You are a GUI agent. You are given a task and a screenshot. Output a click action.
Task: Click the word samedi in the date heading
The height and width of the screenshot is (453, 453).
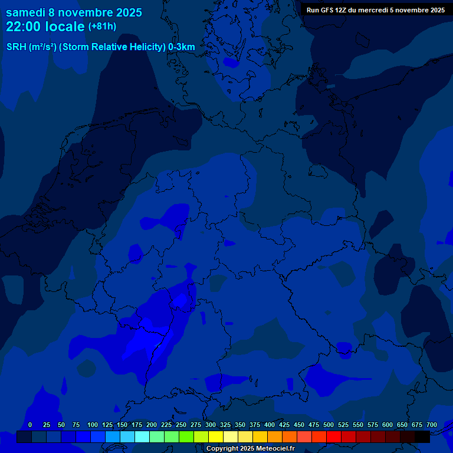(x=25, y=12)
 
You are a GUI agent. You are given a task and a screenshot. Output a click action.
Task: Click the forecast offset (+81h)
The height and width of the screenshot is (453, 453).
(x=102, y=27)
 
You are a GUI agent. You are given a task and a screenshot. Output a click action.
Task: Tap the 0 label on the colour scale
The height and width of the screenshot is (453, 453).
(x=30, y=425)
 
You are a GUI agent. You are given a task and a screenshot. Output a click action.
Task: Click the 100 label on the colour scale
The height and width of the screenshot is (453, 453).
(x=93, y=425)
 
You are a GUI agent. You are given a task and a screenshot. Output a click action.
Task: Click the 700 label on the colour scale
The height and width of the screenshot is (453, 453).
(x=432, y=425)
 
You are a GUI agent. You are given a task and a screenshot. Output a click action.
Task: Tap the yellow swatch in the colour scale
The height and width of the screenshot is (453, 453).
(x=216, y=437)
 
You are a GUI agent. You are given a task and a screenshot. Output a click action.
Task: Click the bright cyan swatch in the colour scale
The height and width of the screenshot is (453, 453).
(x=142, y=437)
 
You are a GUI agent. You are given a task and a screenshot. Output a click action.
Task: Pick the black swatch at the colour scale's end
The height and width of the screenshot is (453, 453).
(x=422, y=437)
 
